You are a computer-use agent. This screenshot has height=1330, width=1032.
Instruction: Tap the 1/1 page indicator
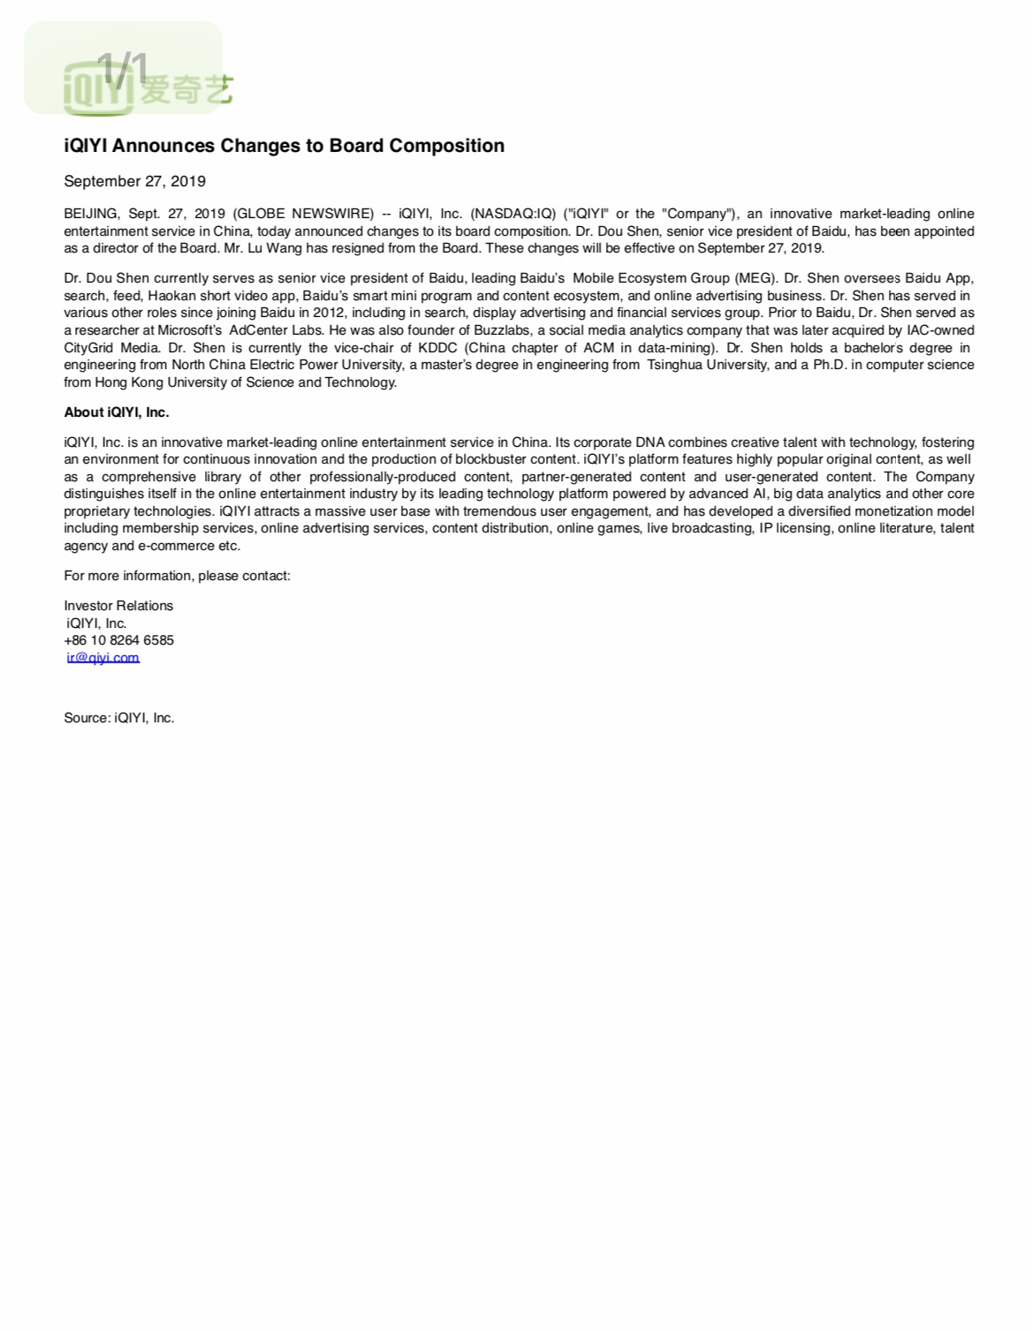[x=122, y=69]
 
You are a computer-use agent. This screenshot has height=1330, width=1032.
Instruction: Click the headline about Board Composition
[x=284, y=146]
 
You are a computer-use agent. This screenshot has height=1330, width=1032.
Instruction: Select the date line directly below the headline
[x=134, y=181]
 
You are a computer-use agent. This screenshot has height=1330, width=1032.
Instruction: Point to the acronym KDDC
[x=437, y=348]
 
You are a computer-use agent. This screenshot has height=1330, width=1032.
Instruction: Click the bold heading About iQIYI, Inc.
[x=117, y=412]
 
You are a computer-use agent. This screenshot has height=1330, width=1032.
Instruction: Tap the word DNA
[x=649, y=442]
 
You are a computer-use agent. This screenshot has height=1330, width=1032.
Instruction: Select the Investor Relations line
[x=118, y=606]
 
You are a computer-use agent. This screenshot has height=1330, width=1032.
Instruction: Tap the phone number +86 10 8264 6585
[x=118, y=640]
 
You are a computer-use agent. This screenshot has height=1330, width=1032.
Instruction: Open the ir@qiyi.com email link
[x=102, y=658]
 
